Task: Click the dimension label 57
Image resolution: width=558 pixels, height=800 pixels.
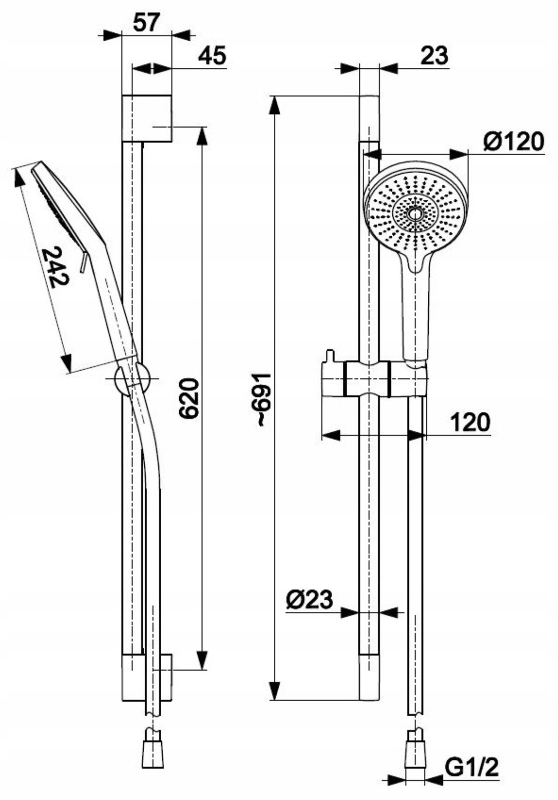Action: [146, 22]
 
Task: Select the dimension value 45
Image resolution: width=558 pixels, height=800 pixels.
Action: [212, 55]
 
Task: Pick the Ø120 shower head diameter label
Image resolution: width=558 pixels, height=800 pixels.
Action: [513, 142]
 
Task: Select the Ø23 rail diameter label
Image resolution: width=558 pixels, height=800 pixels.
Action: [309, 599]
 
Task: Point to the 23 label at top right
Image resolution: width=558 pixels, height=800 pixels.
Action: [434, 55]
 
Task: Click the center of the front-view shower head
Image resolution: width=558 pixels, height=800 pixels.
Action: [415, 214]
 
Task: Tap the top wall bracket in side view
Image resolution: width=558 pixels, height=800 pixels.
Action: [147, 118]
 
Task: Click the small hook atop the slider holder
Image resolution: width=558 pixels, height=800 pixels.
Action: [329, 356]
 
